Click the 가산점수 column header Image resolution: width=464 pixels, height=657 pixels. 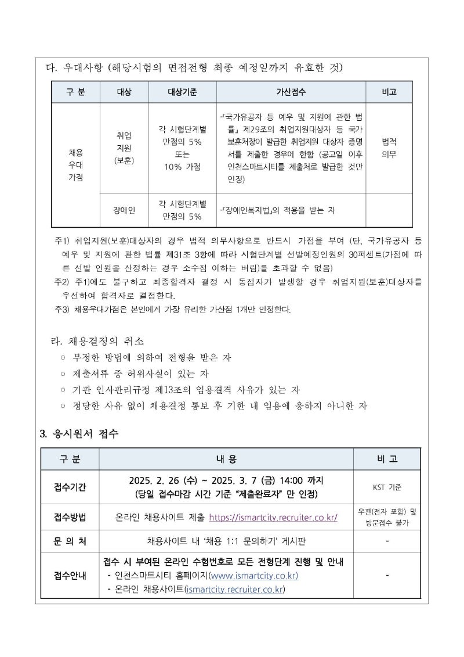[291, 92]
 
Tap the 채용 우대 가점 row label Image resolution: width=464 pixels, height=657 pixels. [75, 165]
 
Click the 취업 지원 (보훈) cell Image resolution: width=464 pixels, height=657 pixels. [124, 148]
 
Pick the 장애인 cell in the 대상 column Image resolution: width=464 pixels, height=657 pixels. [124, 210]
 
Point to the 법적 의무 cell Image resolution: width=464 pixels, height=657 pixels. [389, 148]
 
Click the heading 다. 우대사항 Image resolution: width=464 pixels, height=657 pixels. [76, 68]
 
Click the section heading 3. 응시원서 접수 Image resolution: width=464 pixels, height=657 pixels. [79, 433]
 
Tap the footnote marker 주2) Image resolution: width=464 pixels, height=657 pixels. [61, 282]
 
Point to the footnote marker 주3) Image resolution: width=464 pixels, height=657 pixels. [61, 308]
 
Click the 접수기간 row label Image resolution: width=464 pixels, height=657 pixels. [70, 487]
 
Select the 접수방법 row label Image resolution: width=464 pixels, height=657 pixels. [70, 517]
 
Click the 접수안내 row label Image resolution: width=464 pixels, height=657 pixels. [70, 576]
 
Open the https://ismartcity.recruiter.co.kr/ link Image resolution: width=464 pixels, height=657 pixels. [273, 517]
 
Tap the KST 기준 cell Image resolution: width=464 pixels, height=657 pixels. [387, 487]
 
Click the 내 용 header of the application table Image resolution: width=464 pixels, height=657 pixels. [227, 459]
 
